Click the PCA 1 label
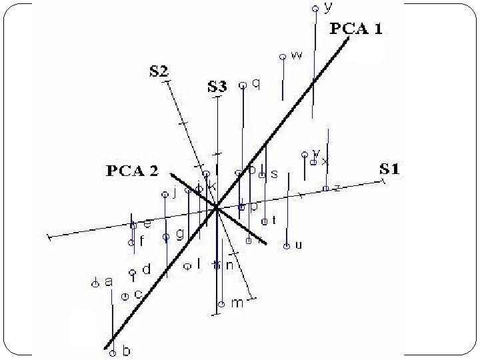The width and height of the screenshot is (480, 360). pos(356,29)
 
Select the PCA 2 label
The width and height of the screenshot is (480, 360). pos(133,171)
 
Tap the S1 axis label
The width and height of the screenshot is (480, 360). pos(389,169)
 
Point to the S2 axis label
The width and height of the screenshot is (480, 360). pos(158,72)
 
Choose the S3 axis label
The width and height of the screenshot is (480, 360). pos(217,86)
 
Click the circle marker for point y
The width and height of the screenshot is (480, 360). pos(315,9)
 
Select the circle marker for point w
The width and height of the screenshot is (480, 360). pos(283,57)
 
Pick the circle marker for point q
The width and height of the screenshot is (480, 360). pos(243,85)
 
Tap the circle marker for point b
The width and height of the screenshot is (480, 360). pos(113,353)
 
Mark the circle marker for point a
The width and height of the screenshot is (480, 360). pos(95,283)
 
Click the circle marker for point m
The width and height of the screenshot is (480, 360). pos(221,305)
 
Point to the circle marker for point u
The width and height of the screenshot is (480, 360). pos(286,246)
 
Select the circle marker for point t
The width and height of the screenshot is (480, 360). pos(265,221)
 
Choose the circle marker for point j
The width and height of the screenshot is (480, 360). pos(165,195)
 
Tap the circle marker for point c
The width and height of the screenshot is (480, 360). pos(125,296)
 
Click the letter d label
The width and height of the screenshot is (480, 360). pos(147,269)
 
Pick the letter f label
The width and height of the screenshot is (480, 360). pos(141,241)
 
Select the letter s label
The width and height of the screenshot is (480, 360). pos(274,174)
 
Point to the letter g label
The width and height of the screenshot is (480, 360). pos(179,234)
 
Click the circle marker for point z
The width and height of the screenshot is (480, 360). pos(325,189)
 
